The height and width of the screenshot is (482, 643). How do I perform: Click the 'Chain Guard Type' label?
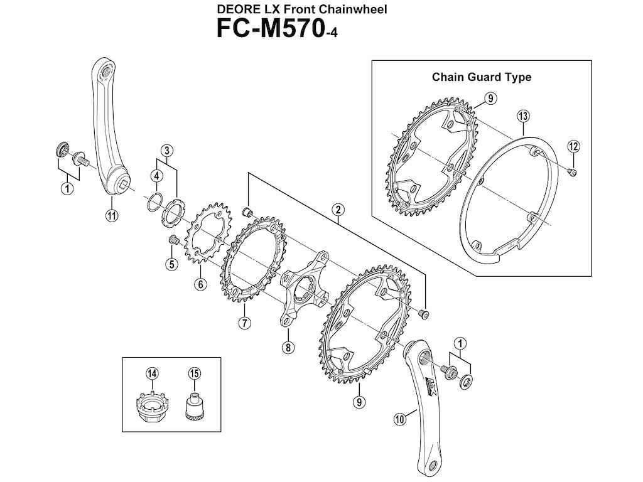coord(482,77)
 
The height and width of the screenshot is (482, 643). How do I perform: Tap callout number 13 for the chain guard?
coord(522,115)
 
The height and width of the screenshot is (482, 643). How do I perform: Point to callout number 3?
coord(166,150)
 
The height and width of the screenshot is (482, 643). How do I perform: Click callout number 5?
coord(171,264)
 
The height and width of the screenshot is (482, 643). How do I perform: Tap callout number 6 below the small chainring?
coord(200,284)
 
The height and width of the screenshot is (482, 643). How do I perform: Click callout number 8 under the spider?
coord(287,347)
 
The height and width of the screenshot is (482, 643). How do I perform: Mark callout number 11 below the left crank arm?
coord(112,217)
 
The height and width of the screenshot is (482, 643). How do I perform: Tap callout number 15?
coord(194,373)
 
